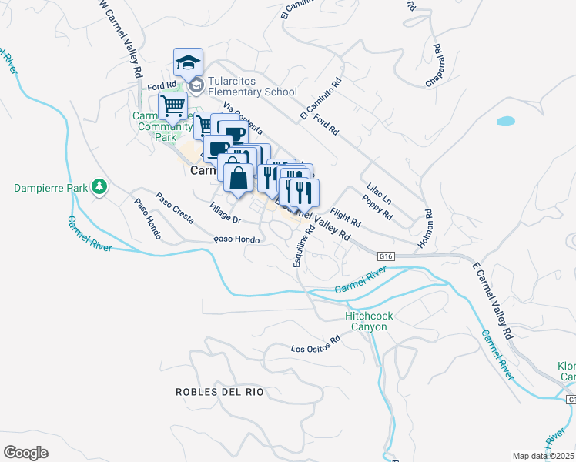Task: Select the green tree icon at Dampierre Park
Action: (x=99, y=186)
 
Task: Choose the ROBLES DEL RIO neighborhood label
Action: (x=219, y=392)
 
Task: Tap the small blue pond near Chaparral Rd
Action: (x=506, y=121)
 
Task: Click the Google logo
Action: (x=25, y=452)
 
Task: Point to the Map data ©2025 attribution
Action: (x=543, y=456)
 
